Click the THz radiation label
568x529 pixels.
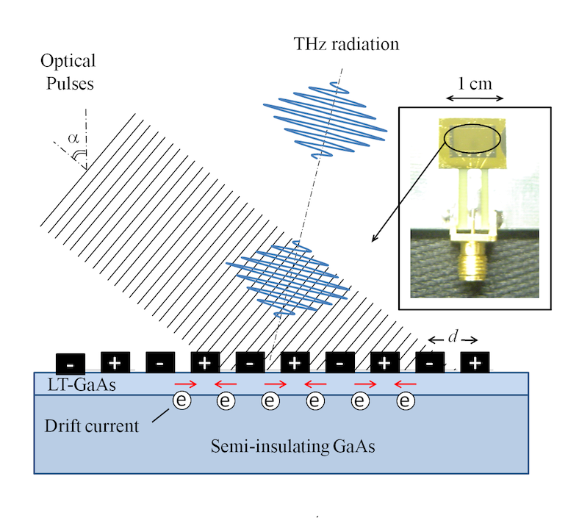[344, 44]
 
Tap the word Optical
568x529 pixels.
[68, 61]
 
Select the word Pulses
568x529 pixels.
[68, 83]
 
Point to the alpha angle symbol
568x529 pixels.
[72, 137]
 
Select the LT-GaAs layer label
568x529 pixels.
[71, 384]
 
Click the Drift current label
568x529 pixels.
[92, 426]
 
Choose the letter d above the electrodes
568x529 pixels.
[453, 337]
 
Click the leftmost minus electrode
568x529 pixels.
[71, 363]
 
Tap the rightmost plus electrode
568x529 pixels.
[475, 362]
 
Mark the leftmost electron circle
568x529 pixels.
[181, 400]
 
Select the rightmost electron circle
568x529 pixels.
[406, 400]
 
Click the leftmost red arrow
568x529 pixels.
[184, 384]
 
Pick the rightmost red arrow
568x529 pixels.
[405, 384]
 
